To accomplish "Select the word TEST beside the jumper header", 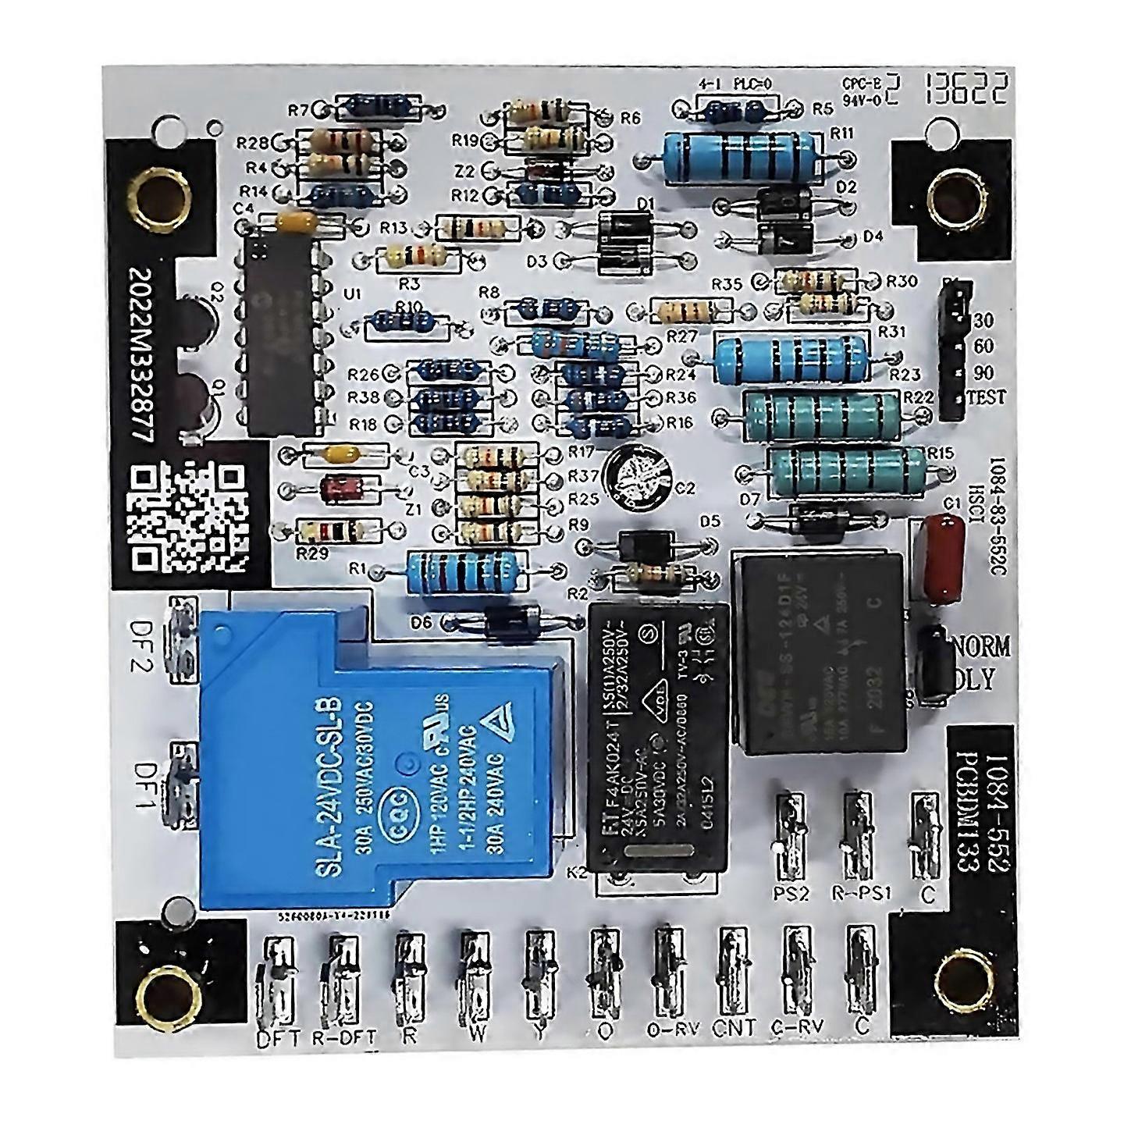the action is coord(987,397).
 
